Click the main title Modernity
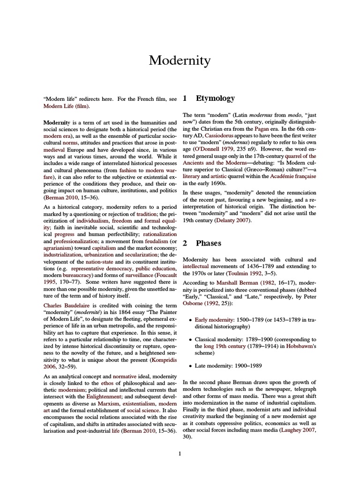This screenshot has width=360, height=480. [x=180, y=60]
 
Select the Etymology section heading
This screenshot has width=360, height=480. [x=215, y=98]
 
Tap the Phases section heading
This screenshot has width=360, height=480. [x=209, y=243]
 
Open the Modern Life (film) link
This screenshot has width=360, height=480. [x=66, y=106]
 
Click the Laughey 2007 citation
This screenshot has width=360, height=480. [x=298, y=429]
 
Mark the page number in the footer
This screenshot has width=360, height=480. [x=180, y=453]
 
